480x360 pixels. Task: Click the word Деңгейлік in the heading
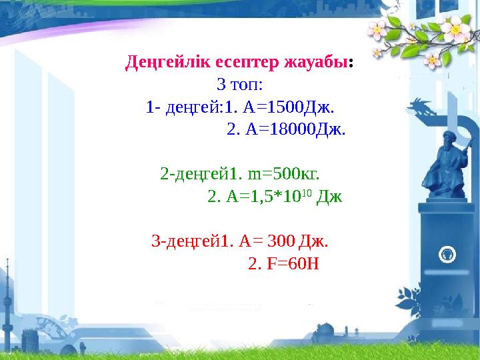[x=165, y=64]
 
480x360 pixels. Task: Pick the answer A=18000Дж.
[x=287, y=129]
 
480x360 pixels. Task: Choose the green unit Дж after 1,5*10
[x=329, y=197]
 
